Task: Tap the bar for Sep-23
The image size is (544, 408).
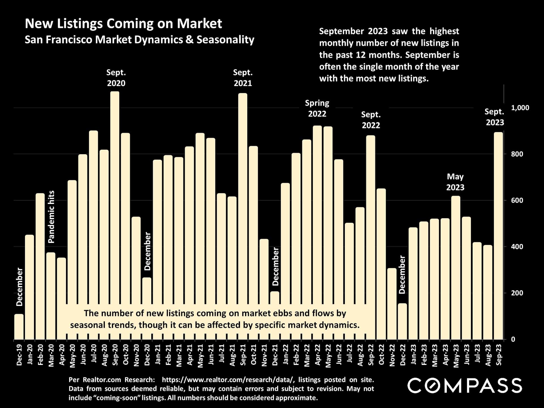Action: (498, 235)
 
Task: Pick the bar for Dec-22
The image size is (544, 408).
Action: (402, 321)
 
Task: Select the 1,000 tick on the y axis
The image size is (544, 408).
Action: (520, 108)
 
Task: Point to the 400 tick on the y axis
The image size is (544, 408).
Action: (517, 247)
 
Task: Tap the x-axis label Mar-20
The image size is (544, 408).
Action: (51, 356)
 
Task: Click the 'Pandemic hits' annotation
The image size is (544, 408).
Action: (51, 217)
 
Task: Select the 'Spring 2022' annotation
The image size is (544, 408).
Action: (317, 108)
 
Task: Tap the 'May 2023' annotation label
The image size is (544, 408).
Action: (455, 182)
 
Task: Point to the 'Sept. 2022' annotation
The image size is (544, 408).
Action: (371, 120)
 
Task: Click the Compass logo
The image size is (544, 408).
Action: (465, 385)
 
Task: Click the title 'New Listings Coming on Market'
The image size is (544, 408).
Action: (123, 24)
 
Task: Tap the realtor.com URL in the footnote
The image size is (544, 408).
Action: (229, 380)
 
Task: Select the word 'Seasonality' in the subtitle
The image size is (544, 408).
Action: (226, 40)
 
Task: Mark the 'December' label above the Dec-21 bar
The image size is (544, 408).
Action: (275, 266)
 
